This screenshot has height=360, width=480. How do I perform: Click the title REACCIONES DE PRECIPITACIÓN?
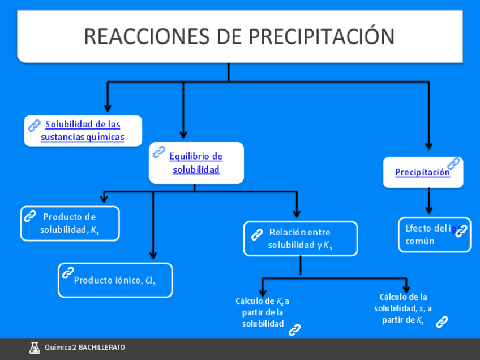[x=239, y=36]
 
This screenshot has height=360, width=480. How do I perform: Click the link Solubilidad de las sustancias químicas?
[x=83, y=131]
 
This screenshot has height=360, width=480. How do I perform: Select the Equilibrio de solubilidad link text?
[x=196, y=163]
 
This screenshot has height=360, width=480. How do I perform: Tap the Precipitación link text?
[x=422, y=173]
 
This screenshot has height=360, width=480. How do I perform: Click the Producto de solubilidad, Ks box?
[x=70, y=224]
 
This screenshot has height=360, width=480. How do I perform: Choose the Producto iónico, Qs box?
[x=115, y=280]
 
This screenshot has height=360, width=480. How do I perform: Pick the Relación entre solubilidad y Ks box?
[x=301, y=239]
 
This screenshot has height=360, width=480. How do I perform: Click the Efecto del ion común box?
[x=434, y=234]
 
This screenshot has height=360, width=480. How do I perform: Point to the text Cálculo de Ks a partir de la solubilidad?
[x=263, y=312]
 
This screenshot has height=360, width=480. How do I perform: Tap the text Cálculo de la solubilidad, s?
[x=403, y=308]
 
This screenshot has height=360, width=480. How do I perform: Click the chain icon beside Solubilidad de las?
[x=34, y=125]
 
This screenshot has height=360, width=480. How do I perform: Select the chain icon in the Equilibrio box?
[x=159, y=152]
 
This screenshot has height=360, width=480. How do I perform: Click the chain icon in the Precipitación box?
[x=453, y=164]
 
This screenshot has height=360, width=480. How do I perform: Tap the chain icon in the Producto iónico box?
[x=68, y=273]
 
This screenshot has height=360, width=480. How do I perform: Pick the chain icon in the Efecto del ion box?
[x=461, y=230]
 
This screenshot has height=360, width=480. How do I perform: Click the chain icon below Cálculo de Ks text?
[x=294, y=330]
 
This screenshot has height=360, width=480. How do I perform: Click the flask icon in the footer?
[x=35, y=348]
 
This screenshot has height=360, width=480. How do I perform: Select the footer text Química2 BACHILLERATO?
[x=85, y=348]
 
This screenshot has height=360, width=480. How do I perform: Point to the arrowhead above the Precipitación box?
[x=428, y=145]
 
